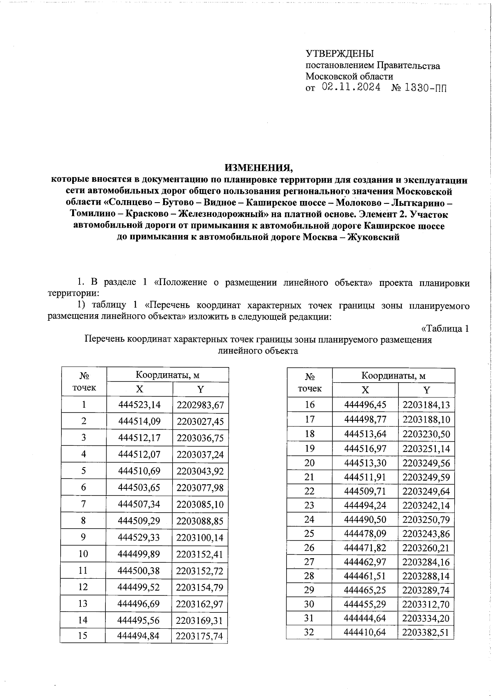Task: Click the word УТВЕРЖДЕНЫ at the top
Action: [339, 54]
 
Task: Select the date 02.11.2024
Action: [351, 87]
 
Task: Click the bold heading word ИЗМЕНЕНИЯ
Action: [259, 168]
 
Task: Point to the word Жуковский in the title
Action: [373, 237]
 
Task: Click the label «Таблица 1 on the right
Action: [445, 329]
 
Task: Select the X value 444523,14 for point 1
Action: [139, 405]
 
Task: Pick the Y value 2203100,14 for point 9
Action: [200, 537]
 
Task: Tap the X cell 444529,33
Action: [139, 537]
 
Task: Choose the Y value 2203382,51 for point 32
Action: [426, 632]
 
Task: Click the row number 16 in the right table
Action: [310, 405]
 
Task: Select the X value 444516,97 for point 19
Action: [365, 448]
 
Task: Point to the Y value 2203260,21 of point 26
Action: [426, 548]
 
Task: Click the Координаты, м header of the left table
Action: [167, 374]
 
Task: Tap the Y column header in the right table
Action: [426, 390]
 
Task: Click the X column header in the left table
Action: [140, 389]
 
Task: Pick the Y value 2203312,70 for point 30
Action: [426, 604]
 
